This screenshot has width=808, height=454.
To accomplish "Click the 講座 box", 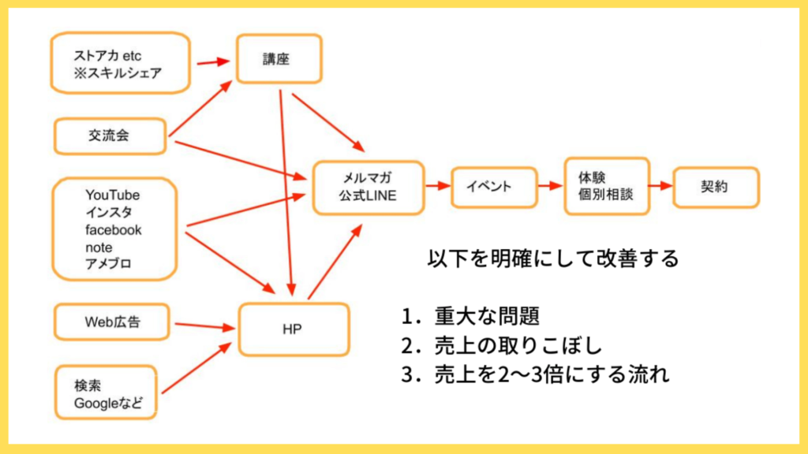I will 279,58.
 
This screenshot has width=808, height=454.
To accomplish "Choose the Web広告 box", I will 110,321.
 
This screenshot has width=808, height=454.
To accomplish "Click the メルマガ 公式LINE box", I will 368,188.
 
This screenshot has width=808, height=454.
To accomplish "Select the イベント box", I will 489,187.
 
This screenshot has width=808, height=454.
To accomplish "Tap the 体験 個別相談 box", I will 606,186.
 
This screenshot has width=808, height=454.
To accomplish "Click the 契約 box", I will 715,187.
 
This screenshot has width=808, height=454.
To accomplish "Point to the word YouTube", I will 113,195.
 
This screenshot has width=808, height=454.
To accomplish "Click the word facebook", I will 114,229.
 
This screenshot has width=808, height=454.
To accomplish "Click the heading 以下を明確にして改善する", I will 552,259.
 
